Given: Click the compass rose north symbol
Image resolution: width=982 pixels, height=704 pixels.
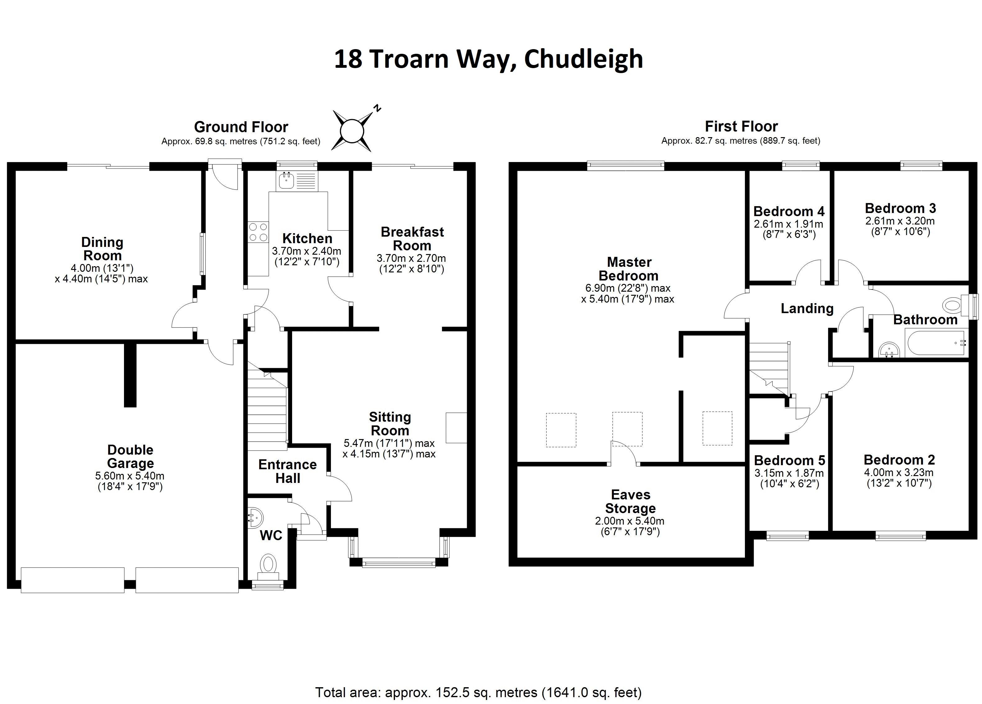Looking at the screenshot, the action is pos(352,130).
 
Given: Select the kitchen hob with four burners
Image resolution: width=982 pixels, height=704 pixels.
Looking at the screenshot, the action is pos(258,232).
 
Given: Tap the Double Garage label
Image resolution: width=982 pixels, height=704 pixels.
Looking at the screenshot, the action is pos(130,456).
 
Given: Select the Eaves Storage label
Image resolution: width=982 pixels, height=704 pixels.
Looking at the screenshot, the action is pos(631,501).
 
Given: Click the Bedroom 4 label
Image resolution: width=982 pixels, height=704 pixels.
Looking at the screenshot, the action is pos(789,211).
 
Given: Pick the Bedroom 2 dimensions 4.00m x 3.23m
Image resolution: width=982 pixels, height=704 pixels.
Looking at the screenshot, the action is pos(899,473).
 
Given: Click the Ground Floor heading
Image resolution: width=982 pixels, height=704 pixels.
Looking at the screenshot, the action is pos(241,127).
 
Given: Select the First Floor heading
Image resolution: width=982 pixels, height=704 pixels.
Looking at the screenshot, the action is pos(741,126).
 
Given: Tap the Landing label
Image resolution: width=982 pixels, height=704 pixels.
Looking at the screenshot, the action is pos(807,308).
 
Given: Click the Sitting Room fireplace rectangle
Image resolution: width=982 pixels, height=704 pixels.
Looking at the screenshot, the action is pos(457,428).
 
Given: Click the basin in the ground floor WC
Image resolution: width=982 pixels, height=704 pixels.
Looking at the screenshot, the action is pos(255,517).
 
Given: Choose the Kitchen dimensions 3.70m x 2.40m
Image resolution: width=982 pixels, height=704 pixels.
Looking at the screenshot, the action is pos(306,251).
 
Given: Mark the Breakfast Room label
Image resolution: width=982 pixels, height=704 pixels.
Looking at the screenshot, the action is pos(412,239).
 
